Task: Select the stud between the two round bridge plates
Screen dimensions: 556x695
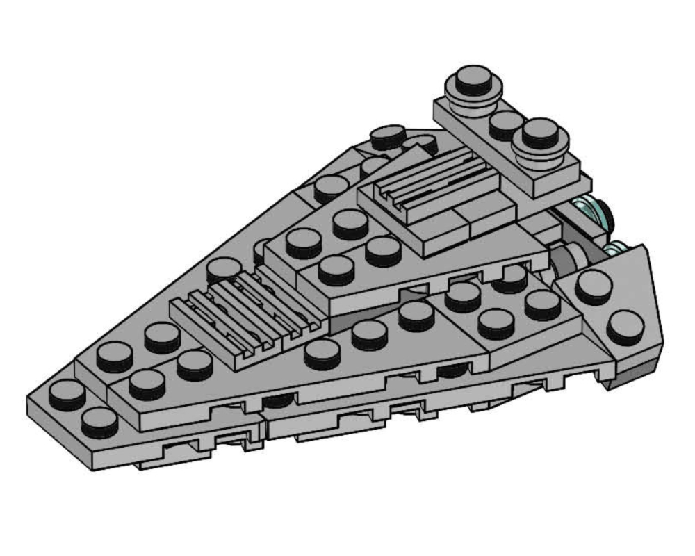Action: point(505,124)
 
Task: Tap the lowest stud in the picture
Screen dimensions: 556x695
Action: point(99,421)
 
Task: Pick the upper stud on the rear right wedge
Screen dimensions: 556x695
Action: point(593,286)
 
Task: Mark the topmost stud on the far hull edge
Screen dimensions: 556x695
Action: point(389,136)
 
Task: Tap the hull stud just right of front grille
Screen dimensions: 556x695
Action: point(322,352)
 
